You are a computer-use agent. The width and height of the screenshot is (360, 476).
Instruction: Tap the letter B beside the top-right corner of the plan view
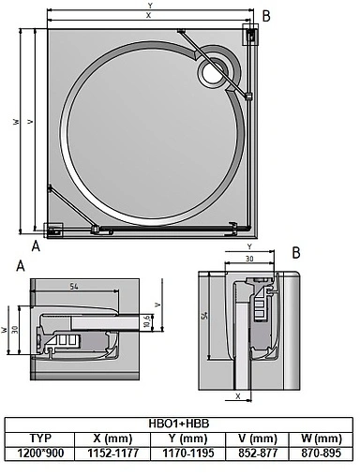point(266,16)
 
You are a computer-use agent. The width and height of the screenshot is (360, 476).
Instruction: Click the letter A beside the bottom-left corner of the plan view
point(36,246)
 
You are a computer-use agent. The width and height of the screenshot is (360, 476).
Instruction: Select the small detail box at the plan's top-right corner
point(251,35)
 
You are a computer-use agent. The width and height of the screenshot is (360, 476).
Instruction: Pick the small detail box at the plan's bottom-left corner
point(54,228)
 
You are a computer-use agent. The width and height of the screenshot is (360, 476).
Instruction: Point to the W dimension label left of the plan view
point(16,122)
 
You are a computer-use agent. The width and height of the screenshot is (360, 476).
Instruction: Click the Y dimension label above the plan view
point(149,6)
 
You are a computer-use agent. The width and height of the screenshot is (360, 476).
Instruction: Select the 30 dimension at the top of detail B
point(249,259)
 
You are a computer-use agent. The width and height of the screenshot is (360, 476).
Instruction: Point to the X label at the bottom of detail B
point(239,396)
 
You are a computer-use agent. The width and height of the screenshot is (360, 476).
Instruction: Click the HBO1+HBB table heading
point(181,424)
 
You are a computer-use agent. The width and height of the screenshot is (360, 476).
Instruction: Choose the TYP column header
point(40,438)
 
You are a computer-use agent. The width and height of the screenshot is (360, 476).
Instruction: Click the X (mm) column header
point(112,438)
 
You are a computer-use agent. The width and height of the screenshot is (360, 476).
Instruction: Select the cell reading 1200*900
point(40,452)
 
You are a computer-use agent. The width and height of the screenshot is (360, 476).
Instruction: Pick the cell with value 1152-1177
point(112,452)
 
